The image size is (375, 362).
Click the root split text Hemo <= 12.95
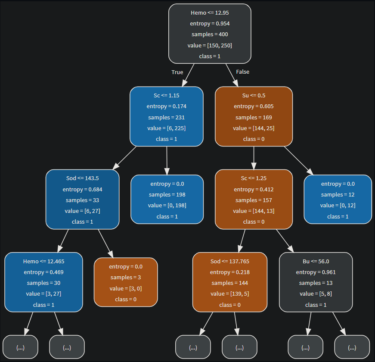[x=210, y=13]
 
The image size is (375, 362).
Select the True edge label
[x=177, y=72]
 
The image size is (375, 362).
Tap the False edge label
[x=242, y=72]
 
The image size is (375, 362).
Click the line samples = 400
[x=210, y=34]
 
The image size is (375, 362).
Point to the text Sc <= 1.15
[x=167, y=95]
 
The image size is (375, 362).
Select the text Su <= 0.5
[x=254, y=95]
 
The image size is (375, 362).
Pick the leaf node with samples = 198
[x=167, y=199]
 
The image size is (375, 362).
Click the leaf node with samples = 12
[x=338, y=199]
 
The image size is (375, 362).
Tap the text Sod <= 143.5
[x=82, y=178]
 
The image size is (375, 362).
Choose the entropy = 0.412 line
[x=254, y=189]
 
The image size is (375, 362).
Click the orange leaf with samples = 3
[x=126, y=282]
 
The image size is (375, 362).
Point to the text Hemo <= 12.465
[x=43, y=261]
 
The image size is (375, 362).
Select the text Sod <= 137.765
[x=229, y=261]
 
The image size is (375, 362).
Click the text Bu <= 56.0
[x=316, y=261]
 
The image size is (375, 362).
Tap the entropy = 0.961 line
[x=316, y=272]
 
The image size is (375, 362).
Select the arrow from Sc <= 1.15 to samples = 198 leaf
[x=167, y=160]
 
